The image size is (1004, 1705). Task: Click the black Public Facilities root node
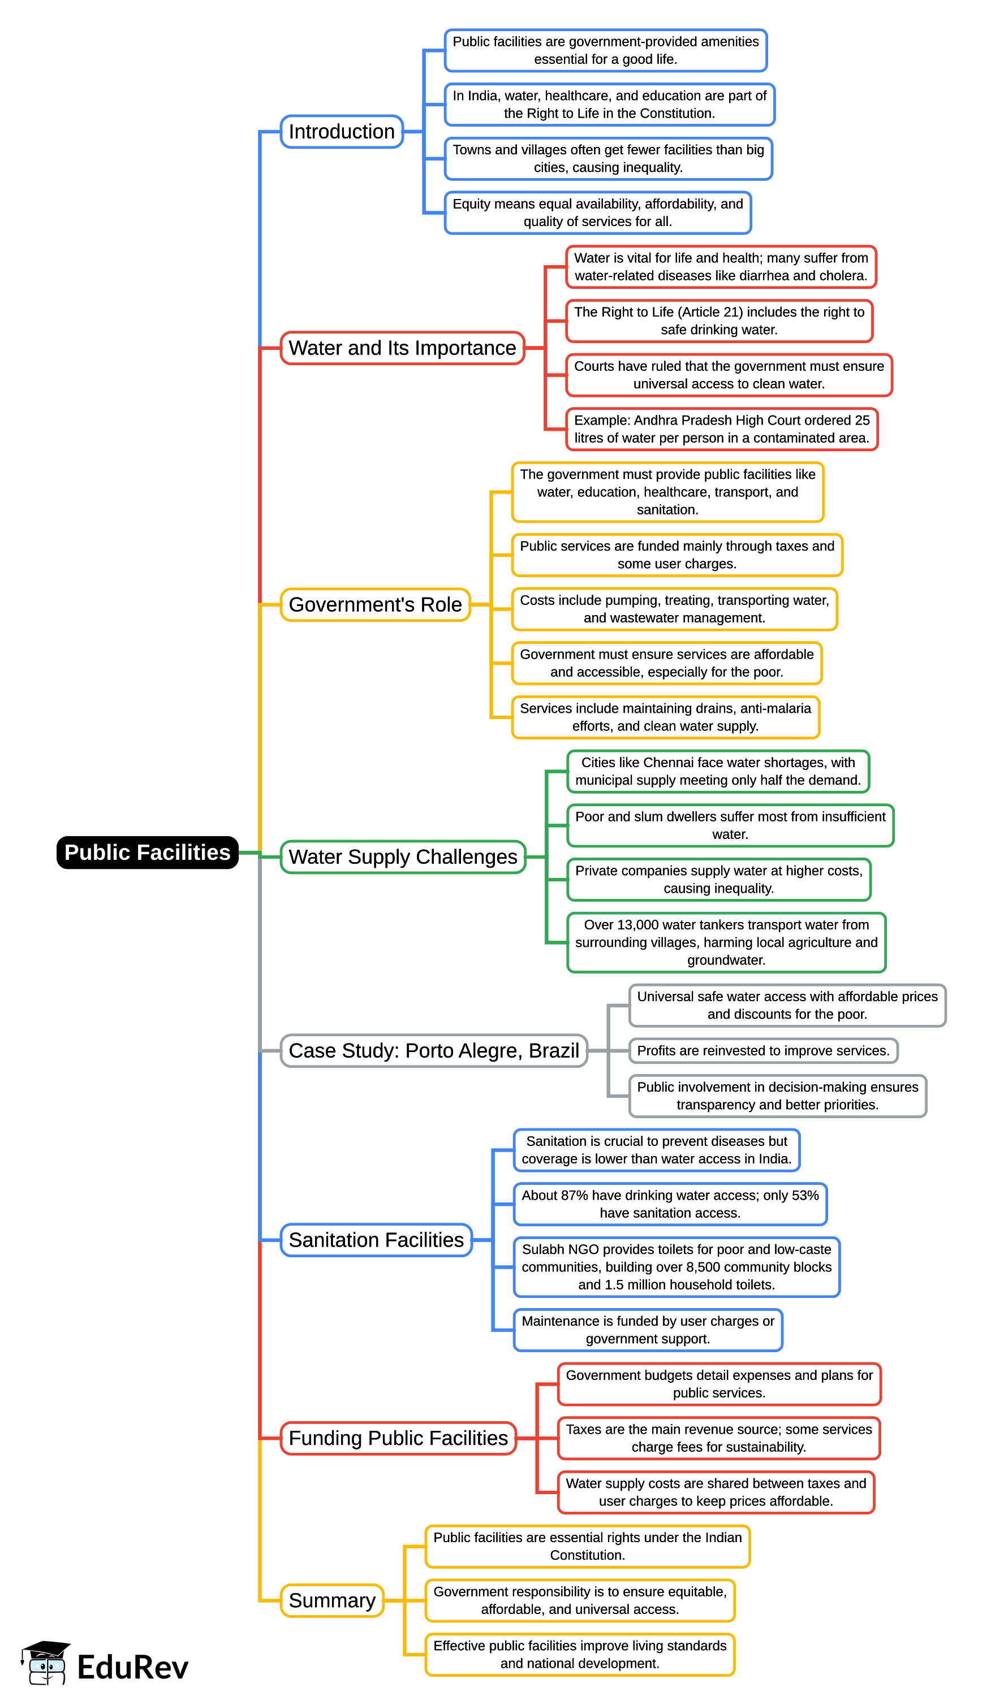(147, 852)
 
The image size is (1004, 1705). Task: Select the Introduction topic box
(342, 131)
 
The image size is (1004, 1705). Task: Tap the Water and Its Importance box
(402, 348)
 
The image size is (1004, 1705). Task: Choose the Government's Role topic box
(375, 604)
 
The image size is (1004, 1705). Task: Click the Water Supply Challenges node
(403, 856)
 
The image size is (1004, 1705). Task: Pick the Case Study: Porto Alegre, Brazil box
(433, 1051)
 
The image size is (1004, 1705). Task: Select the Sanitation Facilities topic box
(376, 1240)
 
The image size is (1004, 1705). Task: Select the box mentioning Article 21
(719, 321)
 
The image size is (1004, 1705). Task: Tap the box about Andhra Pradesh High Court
(722, 429)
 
